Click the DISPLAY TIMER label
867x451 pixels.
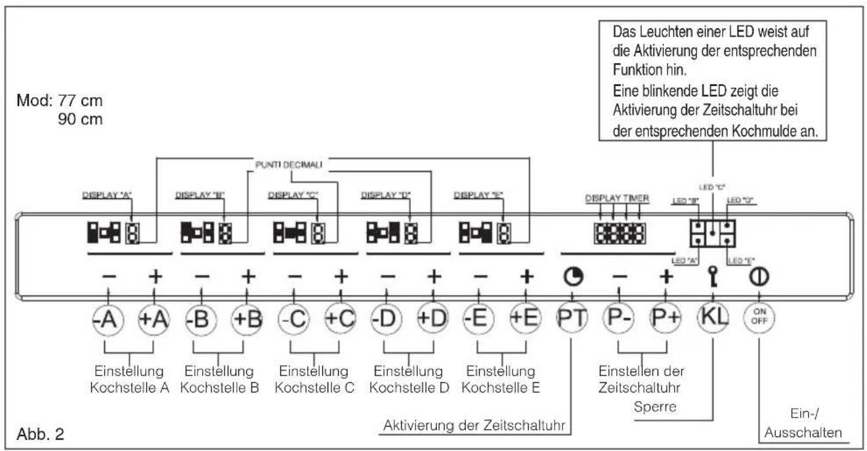click(618, 198)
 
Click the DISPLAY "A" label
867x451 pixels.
click(106, 195)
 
